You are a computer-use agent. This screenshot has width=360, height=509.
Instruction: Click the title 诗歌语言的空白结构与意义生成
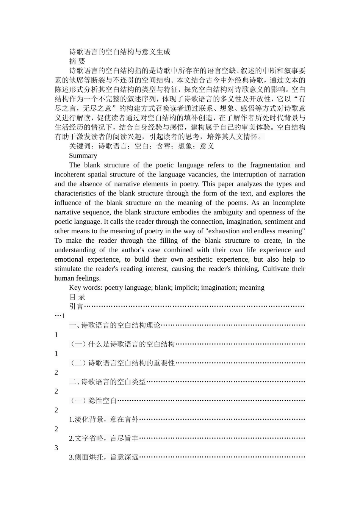(119, 52)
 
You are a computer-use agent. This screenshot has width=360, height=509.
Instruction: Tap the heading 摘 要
(77, 61)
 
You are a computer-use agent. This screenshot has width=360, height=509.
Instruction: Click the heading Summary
(83, 156)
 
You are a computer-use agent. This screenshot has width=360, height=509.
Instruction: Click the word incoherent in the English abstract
(70, 175)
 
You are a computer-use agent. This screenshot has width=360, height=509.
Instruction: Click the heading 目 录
(77, 297)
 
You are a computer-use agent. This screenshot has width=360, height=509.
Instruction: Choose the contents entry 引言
(76, 306)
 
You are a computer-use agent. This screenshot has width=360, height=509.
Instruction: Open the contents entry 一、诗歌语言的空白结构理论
(115, 325)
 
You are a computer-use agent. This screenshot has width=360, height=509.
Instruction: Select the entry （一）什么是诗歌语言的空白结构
(122, 344)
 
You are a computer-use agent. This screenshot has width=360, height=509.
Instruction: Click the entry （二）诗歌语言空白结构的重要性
(122, 363)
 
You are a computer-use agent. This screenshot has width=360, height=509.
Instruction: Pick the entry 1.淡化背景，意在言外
(103, 420)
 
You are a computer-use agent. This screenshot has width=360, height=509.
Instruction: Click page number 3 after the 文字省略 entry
(56, 448)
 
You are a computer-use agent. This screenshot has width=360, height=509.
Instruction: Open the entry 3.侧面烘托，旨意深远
(103, 457)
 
